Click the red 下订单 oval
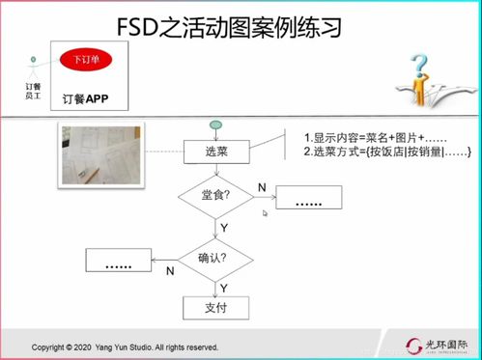click(x=83, y=60)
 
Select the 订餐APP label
click(x=85, y=97)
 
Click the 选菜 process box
click(x=217, y=151)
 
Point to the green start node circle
click(x=217, y=125)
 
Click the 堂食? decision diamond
click(x=216, y=197)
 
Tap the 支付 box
click(x=216, y=308)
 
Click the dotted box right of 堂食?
click(x=310, y=200)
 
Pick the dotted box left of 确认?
click(x=120, y=261)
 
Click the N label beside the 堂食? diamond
click(x=262, y=185)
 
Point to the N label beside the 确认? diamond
click(x=171, y=272)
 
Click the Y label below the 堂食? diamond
click(x=224, y=226)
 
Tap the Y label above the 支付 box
click(x=224, y=287)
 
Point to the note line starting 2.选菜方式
click(x=386, y=152)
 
